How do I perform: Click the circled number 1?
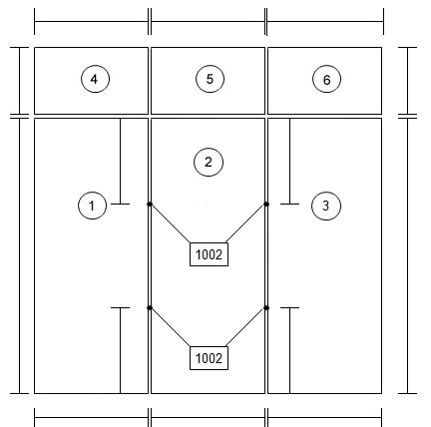(x=92, y=206)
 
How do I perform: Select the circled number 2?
(x=209, y=162)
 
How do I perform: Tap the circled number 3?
(x=326, y=206)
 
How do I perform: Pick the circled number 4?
(x=95, y=79)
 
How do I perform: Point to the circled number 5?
(x=210, y=79)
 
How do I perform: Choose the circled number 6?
(x=326, y=80)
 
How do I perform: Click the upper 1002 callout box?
(x=209, y=254)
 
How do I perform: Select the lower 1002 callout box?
(x=209, y=358)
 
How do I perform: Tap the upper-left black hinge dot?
(x=150, y=204)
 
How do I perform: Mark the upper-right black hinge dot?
(x=266, y=204)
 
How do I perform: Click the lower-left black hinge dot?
(x=150, y=308)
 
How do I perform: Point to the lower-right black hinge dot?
(x=266, y=308)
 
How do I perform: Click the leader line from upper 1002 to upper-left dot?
(x=171, y=223)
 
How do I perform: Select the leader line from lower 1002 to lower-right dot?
(x=246, y=327)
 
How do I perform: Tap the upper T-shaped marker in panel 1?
(x=120, y=162)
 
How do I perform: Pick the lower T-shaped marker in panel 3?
(x=289, y=350)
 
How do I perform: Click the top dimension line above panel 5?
(x=209, y=22)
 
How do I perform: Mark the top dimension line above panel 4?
(x=92, y=22)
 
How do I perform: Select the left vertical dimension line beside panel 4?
(x=19, y=81)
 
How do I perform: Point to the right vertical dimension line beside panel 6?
(x=407, y=81)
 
